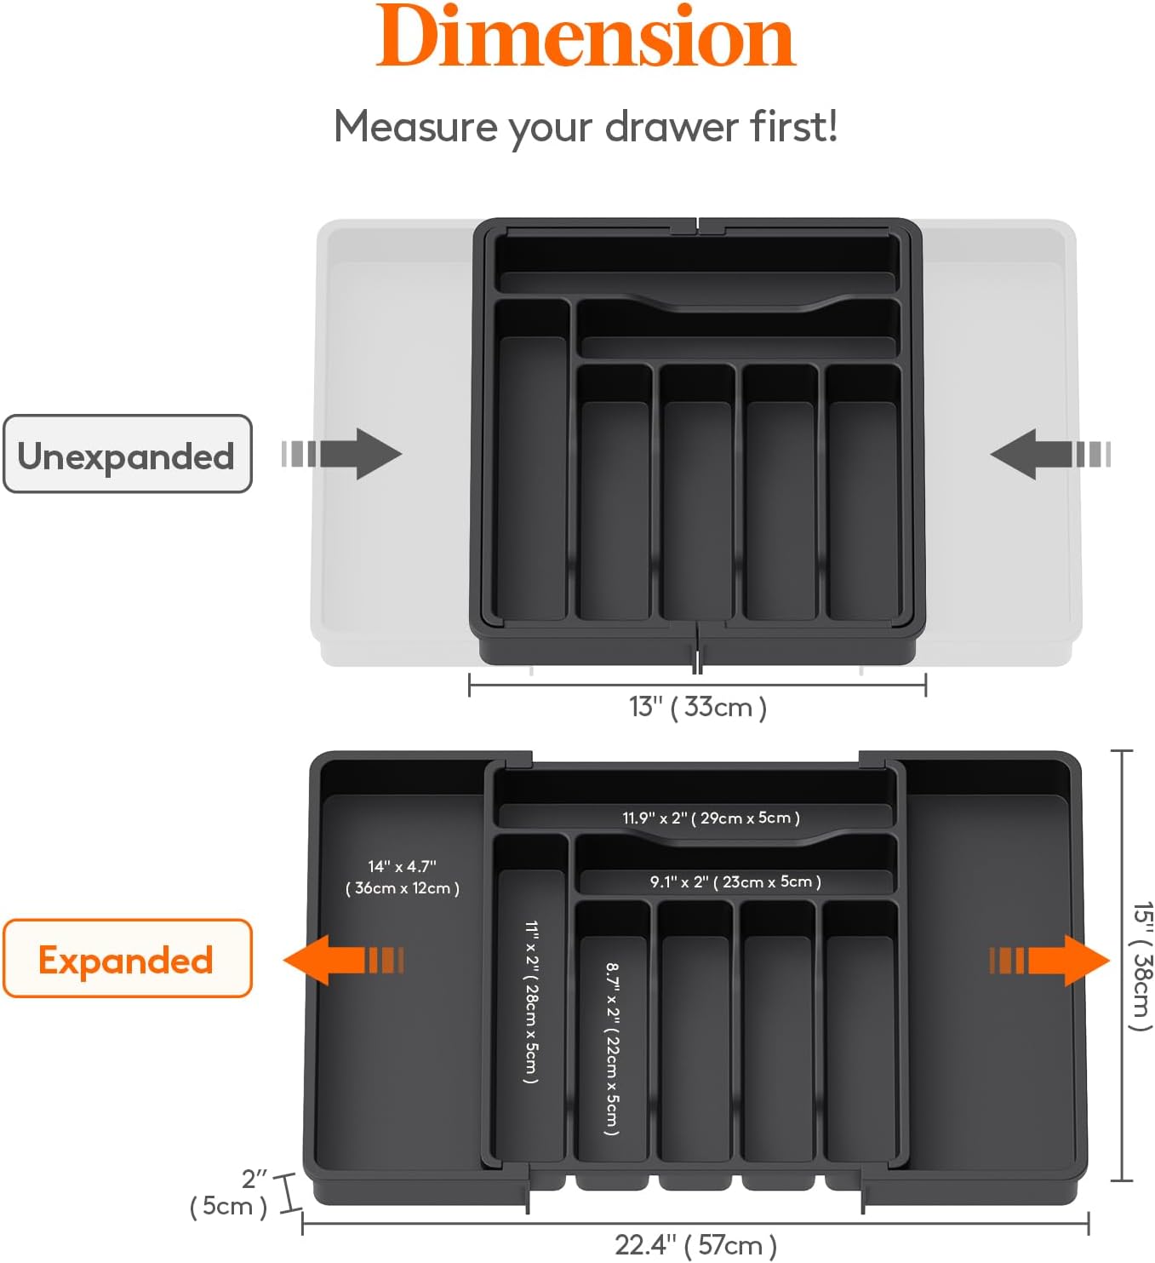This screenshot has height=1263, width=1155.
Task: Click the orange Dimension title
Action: tap(586, 37)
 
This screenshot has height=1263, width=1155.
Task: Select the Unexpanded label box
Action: tap(128, 454)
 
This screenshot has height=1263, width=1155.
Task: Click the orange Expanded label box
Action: tap(128, 958)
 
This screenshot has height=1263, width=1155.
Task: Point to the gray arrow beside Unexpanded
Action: tap(343, 453)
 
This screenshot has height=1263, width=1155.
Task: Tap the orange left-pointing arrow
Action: tap(342, 960)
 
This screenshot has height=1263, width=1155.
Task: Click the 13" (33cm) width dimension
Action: tap(697, 706)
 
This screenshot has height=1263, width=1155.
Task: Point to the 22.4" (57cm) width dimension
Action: tap(695, 1244)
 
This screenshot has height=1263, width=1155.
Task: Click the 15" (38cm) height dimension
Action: tap(1141, 965)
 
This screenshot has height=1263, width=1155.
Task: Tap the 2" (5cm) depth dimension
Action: tap(230, 1192)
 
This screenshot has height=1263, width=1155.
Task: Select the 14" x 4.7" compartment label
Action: tap(403, 877)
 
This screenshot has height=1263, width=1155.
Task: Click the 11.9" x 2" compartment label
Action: tap(711, 818)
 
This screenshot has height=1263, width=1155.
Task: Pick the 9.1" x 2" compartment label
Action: tap(735, 881)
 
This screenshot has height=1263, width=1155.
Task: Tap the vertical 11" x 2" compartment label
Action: tap(531, 1002)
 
